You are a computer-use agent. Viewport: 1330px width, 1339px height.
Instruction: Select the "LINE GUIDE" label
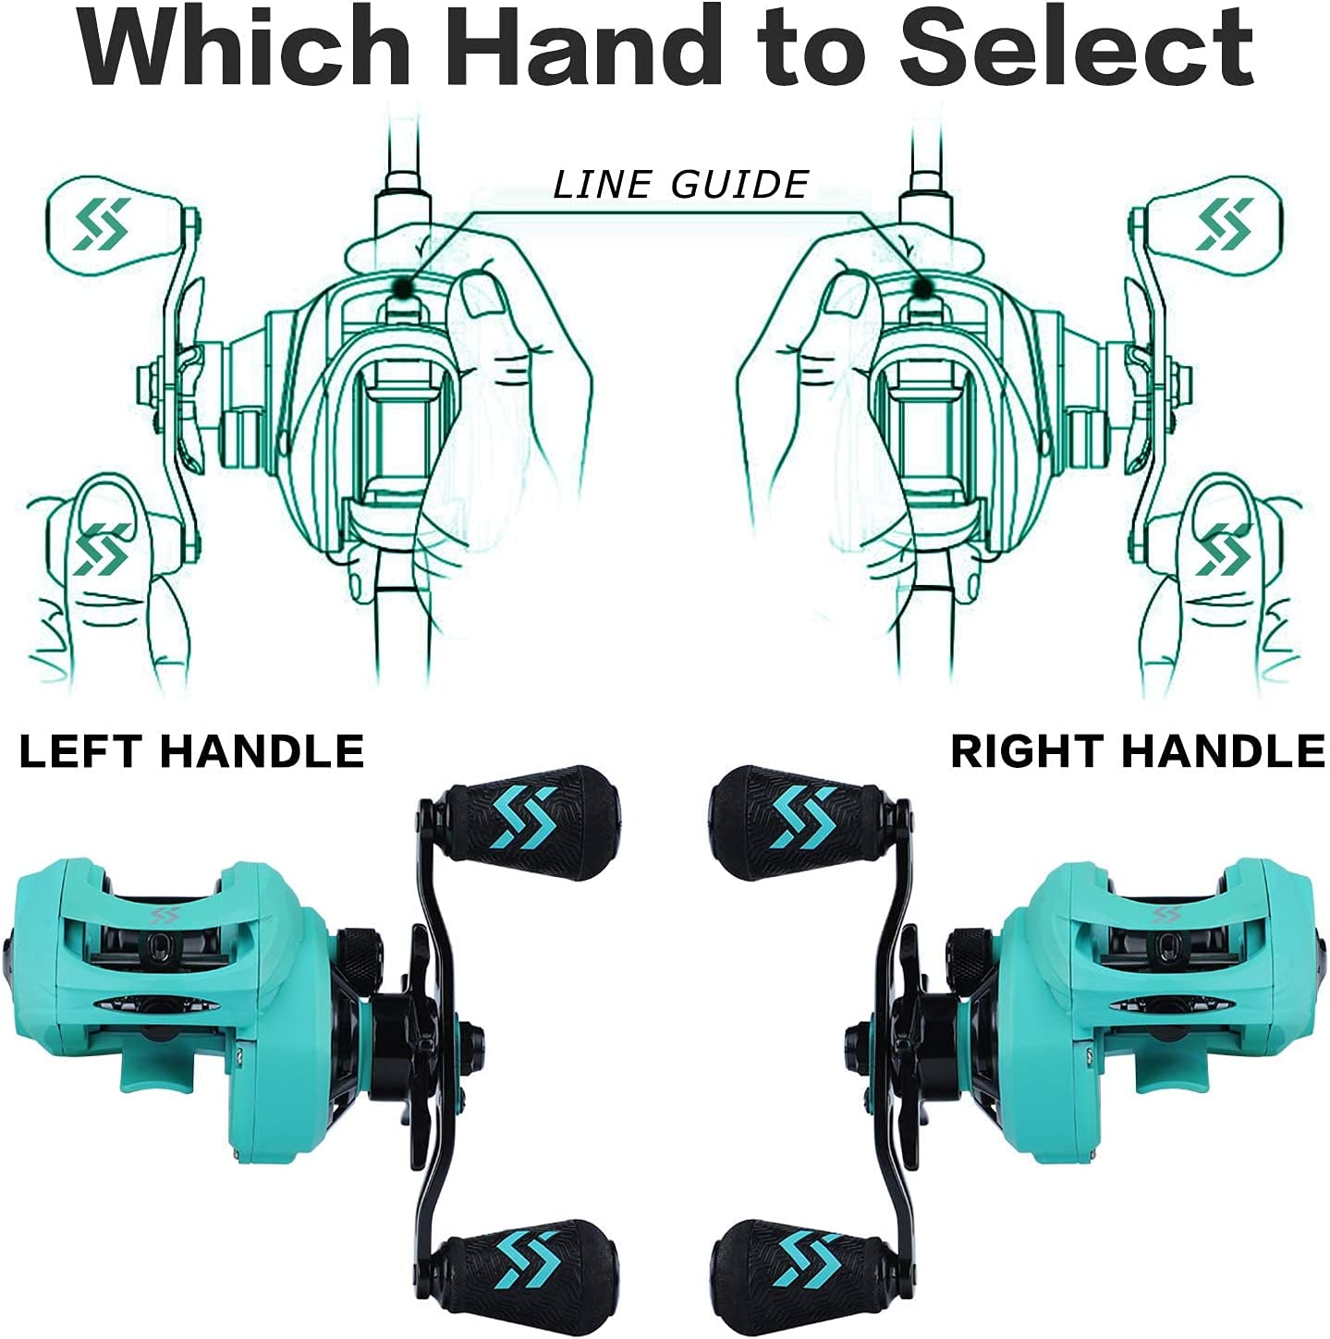click(x=680, y=185)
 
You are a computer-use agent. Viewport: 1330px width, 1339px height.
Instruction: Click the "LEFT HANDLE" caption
click(x=192, y=752)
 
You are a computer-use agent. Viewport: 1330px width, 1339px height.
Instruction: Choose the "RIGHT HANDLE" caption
click(x=1138, y=752)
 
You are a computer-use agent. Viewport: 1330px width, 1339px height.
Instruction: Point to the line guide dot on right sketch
click(x=922, y=286)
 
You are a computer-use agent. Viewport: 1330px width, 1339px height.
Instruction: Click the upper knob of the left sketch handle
click(x=116, y=225)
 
